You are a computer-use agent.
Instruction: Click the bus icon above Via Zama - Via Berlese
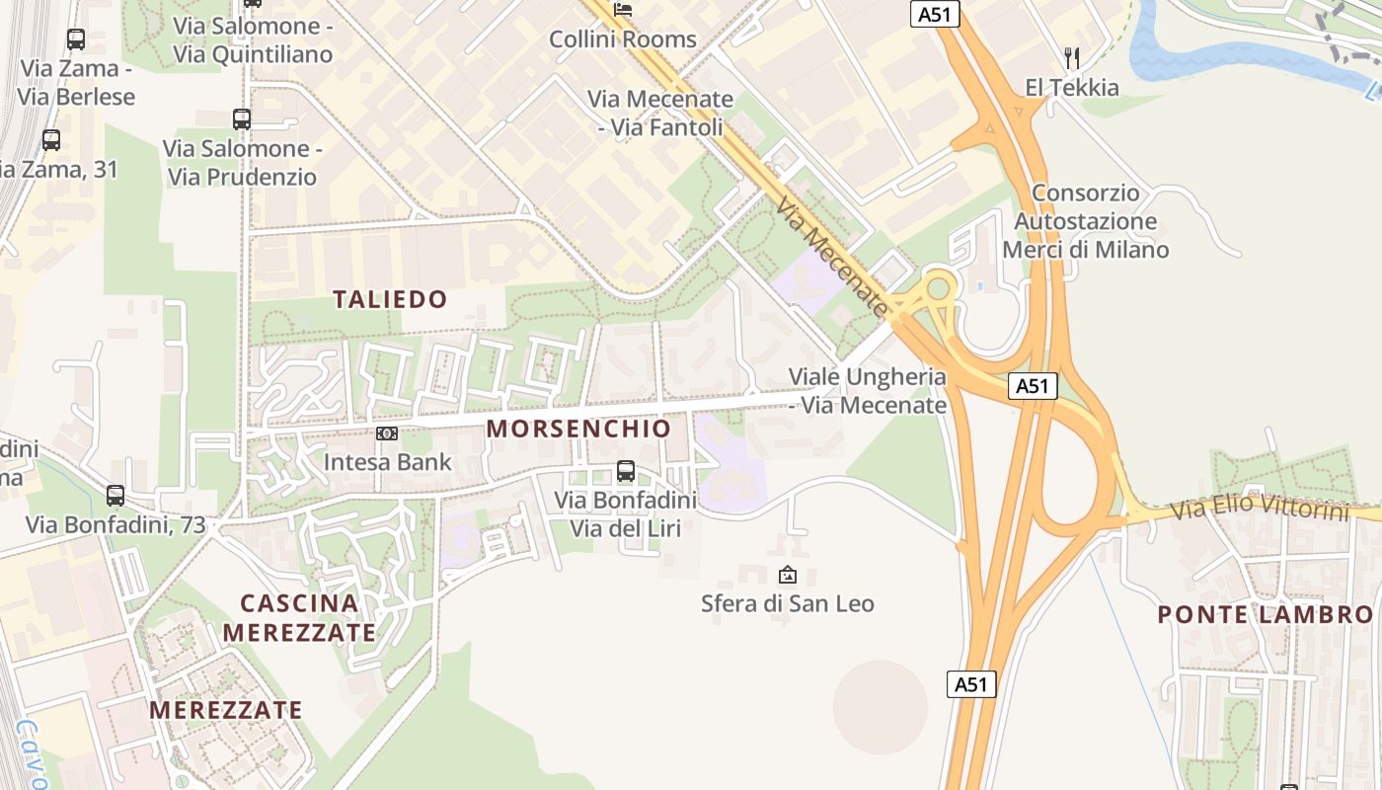pos(76,39)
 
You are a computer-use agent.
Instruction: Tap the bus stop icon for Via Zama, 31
pos(51,140)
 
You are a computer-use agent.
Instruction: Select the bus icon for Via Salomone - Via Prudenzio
pos(242,119)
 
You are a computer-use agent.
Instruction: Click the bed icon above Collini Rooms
pos(623,10)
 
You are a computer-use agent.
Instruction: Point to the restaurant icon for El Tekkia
pos(1072,58)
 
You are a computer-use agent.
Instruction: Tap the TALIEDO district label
pos(390,299)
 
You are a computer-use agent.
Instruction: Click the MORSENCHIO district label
pos(578,429)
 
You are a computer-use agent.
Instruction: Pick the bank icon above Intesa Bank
pos(387,434)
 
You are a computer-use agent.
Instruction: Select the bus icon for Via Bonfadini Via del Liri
pos(625,471)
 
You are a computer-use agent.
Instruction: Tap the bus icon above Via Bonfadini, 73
pos(115,496)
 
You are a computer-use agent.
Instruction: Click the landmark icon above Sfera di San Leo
pos(788,574)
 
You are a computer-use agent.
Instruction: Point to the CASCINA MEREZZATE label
pos(299,617)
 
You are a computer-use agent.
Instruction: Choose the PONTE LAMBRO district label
pos(1265,614)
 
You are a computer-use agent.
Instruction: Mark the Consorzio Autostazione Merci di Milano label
pos(1086,221)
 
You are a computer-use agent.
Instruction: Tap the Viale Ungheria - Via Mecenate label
pos(868,391)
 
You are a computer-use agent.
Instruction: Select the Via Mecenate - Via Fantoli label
pos(660,114)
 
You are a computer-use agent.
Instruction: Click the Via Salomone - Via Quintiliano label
pos(253,39)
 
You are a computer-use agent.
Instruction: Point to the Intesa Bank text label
pos(388,461)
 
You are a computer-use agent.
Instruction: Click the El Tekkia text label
pos(1072,88)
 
